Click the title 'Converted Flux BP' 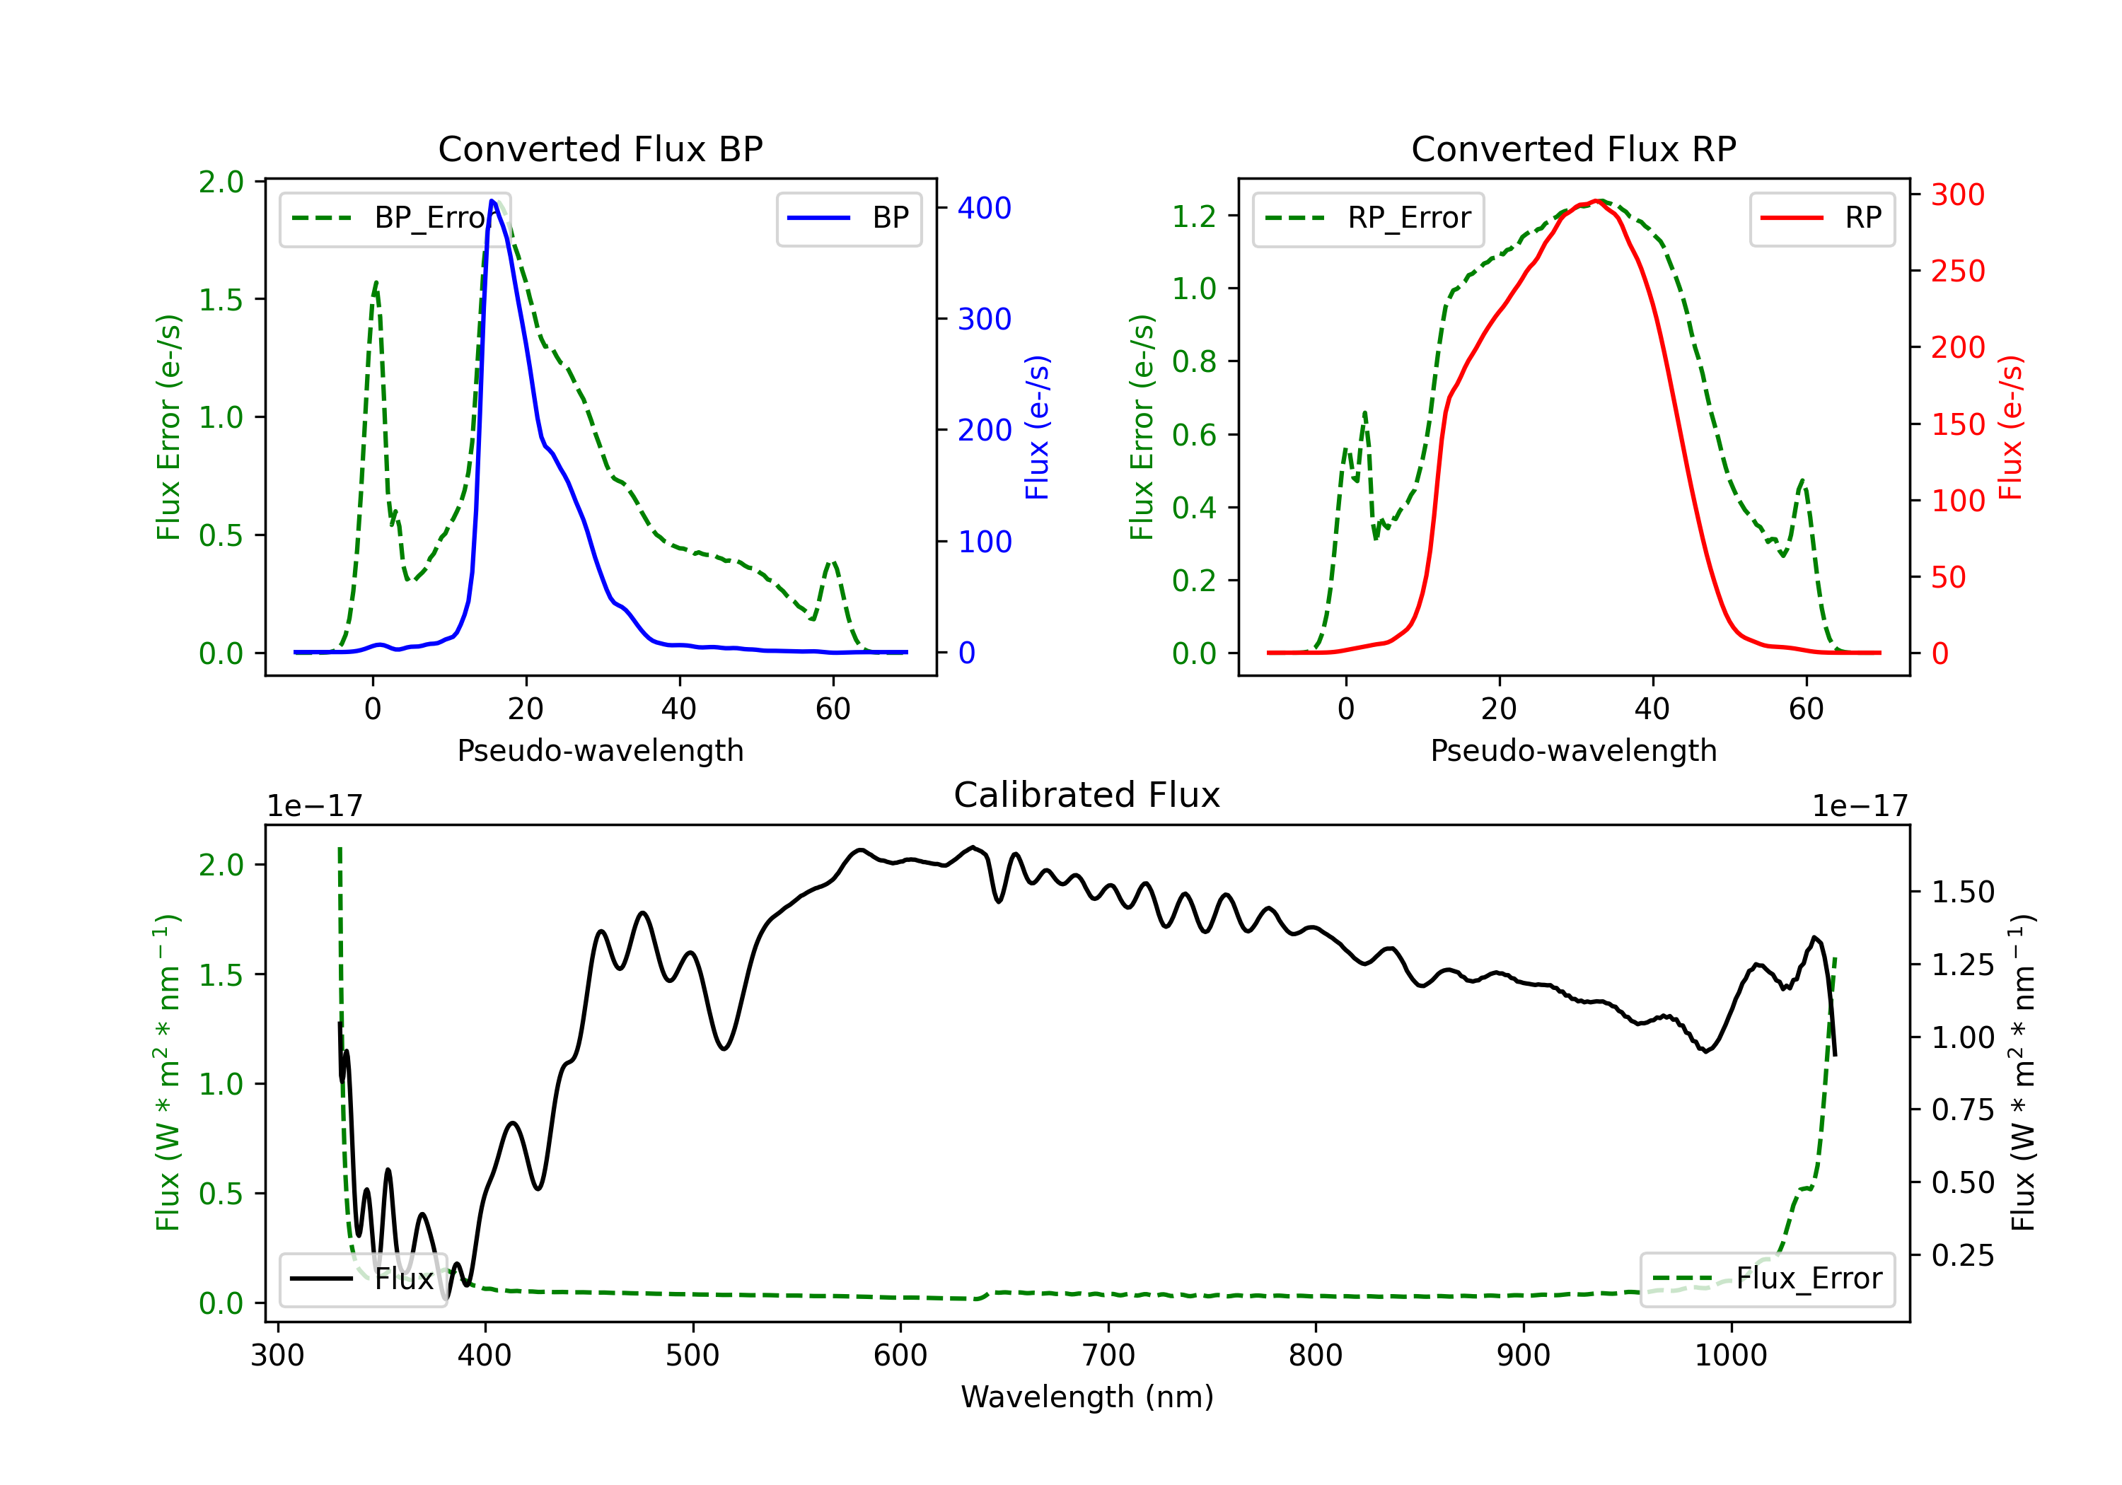(600, 148)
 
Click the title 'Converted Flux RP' (1573, 148)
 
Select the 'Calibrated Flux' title (1087, 795)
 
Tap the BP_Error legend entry (395, 218)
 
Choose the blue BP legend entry (848, 218)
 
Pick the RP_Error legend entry (1368, 218)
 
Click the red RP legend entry (1821, 218)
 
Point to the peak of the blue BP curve (492, 201)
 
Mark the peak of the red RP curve (1596, 201)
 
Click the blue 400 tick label (985, 208)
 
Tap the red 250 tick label (1957, 271)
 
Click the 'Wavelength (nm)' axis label (1087, 1397)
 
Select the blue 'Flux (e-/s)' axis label (1038, 428)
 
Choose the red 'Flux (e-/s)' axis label (2011, 428)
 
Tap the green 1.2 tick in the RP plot (1194, 216)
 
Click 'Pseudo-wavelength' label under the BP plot (601, 750)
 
